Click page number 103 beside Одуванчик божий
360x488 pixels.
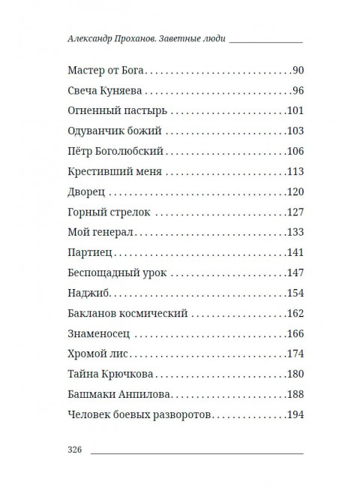coord(294,130)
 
